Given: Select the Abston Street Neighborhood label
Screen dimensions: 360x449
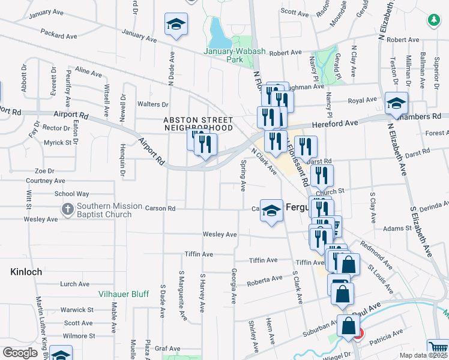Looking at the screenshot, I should click(198, 124).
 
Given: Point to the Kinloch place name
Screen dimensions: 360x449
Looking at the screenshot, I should click(26, 272).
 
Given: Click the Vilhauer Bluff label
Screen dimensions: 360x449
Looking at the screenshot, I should click(124, 294).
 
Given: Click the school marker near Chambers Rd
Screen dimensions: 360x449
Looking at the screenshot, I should click(396, 103).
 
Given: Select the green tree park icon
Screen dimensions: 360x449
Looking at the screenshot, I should click(433, 21).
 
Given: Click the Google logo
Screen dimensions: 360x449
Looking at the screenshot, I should click(20, 353).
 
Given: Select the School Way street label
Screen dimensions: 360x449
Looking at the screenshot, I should click(71, 194).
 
